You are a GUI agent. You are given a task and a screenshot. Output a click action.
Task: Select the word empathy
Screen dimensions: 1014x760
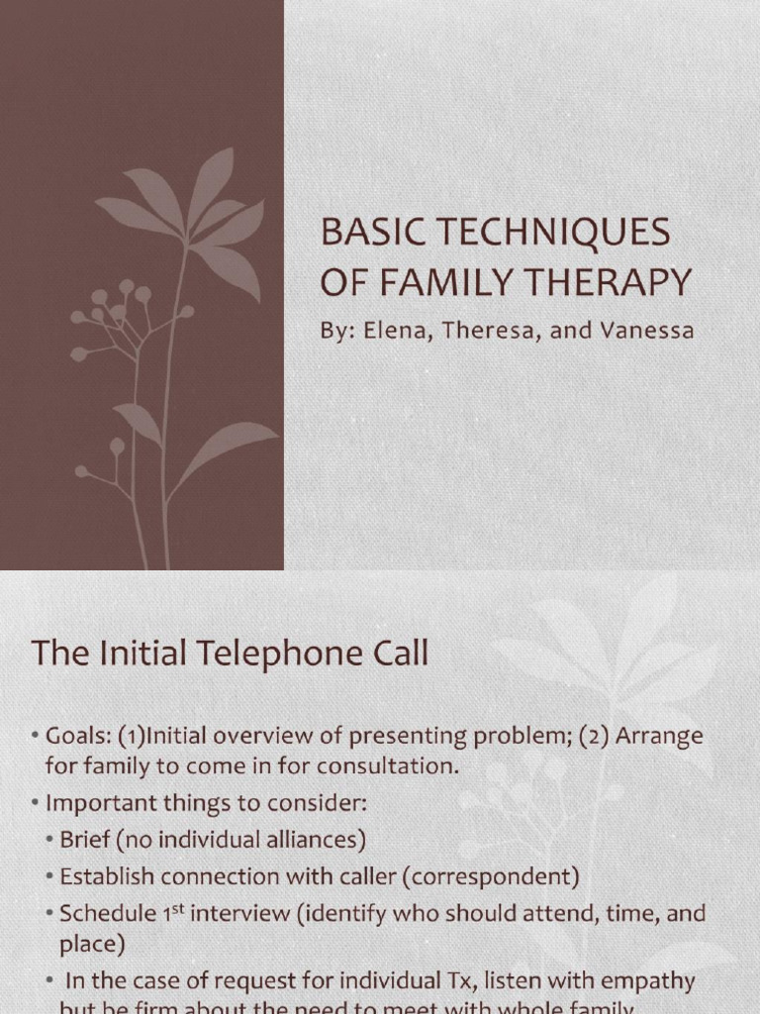(642, 982)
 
